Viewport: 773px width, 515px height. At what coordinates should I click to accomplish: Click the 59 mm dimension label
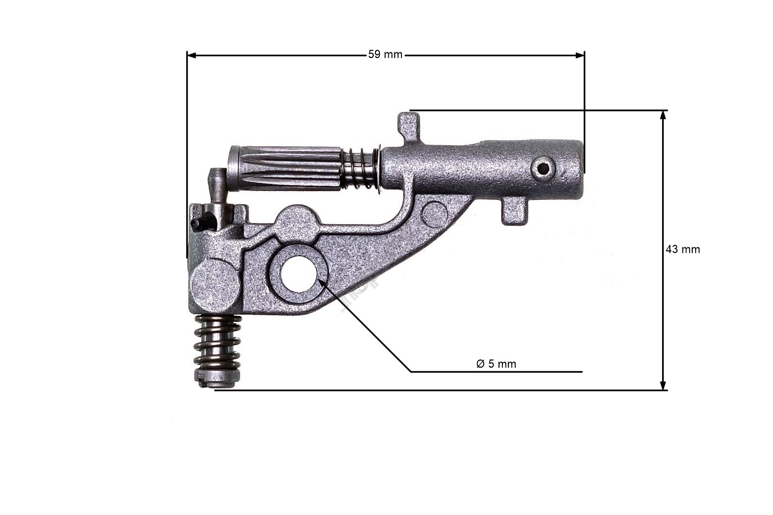coord(385,55)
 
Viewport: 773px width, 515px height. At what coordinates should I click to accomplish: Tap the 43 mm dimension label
coord(682,249)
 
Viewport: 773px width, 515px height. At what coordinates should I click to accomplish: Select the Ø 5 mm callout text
coord(496,364)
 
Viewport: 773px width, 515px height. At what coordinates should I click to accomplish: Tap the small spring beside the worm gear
coord(361,169)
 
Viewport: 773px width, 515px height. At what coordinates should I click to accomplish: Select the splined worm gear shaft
coord(287,168)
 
